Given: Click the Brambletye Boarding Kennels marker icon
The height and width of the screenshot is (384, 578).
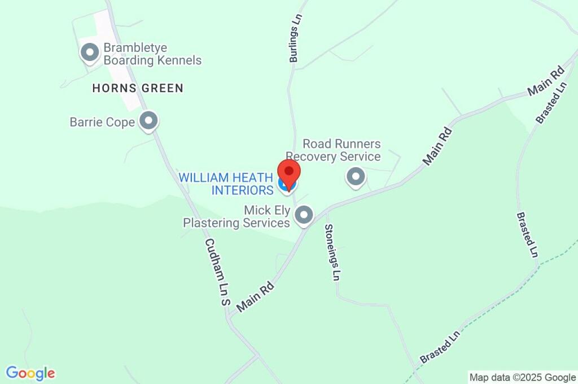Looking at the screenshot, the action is (x=89, y=53).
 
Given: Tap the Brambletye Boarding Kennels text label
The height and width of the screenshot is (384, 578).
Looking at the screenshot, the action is (x=152, y=54).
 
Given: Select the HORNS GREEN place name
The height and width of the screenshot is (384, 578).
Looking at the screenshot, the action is (x=138, y=88).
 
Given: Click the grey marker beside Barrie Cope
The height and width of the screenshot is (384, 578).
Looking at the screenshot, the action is (x=149, y=120).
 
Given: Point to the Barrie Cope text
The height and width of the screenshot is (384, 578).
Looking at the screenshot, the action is (x=102, y=122).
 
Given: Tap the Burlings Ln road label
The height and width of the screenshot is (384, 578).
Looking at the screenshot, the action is (x=294, y=43).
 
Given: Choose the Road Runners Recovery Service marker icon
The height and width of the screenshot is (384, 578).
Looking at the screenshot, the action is (x=356, y=177).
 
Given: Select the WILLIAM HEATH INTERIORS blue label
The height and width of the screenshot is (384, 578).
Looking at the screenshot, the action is (x=226, y=184).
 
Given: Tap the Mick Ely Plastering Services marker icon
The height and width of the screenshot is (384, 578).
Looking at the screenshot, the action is (x=304, y=215).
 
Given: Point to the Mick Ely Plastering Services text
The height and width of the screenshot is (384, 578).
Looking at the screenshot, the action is (x=237, y=217).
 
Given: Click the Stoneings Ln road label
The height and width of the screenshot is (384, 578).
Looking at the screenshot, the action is (x=332, y=252).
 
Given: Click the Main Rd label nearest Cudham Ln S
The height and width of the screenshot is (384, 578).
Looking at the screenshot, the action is (x=256, y=297).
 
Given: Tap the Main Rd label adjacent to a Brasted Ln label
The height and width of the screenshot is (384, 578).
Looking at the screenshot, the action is (x=546, y=81).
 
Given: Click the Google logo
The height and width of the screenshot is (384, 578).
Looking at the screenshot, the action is (x=30, y=373).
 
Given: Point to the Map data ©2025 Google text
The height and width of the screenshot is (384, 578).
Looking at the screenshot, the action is (x=522, y=377).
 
